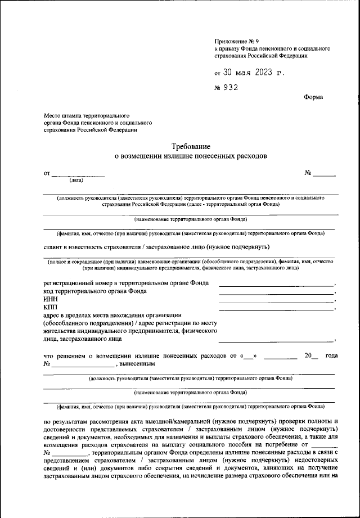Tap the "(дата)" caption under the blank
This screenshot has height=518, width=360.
76,181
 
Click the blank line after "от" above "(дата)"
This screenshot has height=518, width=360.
78,174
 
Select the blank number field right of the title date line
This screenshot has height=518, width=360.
324,174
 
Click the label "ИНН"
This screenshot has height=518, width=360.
50,299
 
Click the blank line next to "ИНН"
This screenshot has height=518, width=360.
276,301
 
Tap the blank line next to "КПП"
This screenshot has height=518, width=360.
276,309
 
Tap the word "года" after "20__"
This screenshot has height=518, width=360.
331,355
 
